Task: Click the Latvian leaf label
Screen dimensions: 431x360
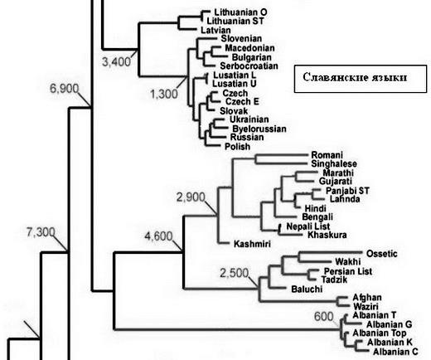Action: [215, 30]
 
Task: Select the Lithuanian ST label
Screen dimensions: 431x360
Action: [235, 21]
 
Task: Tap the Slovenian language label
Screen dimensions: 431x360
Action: [241, 39]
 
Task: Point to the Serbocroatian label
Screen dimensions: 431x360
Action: [249, 66]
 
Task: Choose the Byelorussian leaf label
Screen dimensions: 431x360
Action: [259, 129]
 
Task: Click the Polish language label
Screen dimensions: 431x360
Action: [238, 147]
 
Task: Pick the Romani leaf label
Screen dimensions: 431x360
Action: [327, 155]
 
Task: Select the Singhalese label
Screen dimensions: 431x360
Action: [334, 163]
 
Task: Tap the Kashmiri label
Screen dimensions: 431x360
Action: [252, 244]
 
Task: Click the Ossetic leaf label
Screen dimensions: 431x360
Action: [382, 254]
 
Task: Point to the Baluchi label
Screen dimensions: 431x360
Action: [307, 289]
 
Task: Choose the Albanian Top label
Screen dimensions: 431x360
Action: [380, 333]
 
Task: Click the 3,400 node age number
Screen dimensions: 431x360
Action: [116, 61]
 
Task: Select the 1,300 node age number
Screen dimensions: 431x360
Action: [164, 95]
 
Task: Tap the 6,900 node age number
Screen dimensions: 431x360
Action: [65, 89]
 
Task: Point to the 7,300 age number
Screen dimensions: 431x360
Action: [41, 232]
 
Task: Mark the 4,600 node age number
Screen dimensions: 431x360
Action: [158, 236]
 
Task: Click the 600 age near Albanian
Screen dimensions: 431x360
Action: [324, 317]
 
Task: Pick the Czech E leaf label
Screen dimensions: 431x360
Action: [242, 102]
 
